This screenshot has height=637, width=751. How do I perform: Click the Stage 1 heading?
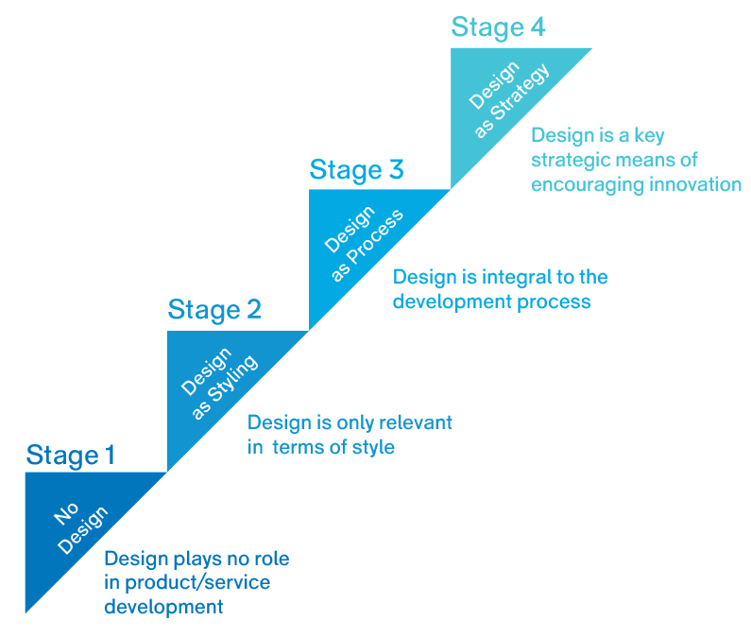click(71, 456)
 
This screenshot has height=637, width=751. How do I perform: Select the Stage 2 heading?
click(214, 310)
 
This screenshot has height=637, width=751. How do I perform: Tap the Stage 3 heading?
click(356, 170)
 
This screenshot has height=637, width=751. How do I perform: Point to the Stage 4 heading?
click(498, 27)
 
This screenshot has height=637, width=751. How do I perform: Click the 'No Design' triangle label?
click(80, 526)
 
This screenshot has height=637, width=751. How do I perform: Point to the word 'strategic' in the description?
click(571, 160)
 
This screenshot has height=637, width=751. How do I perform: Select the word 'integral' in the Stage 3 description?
click(517, 277)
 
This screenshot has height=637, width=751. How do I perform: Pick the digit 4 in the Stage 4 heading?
click(536, 27)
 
